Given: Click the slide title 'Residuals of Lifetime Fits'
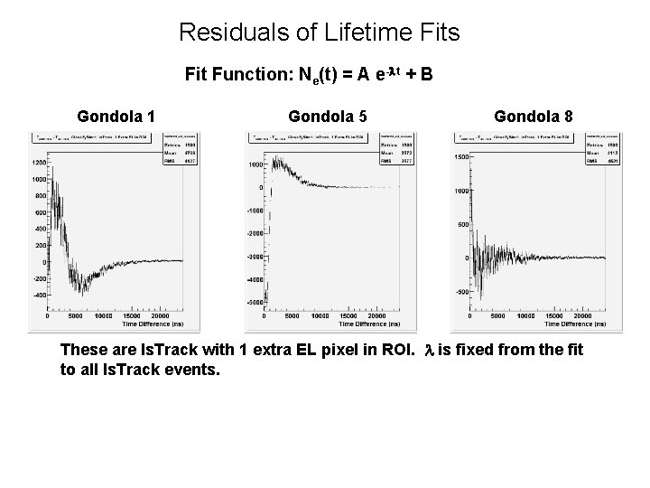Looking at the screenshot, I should click(319, 33).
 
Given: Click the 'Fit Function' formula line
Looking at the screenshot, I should click(309, 75).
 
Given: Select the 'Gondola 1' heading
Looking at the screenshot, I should click(116, 116).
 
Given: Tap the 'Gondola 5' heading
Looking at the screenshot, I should click(327, 116).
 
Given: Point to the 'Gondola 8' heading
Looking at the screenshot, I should click(533, 116).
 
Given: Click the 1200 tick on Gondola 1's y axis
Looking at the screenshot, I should click(39, 162).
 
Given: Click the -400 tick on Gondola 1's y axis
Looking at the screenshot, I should click(39, 295).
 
